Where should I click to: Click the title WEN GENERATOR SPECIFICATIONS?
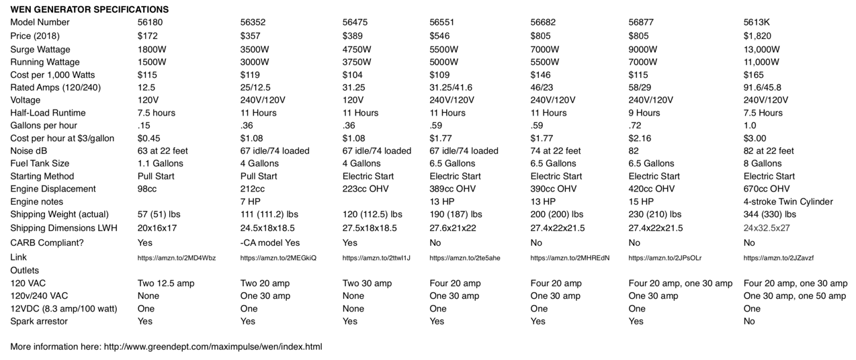click(x=89, y=9)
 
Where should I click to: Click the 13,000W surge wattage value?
click(x=762, y=49)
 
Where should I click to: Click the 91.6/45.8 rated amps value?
click(x=763, y=87)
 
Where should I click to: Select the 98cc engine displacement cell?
click(x=148, y=189)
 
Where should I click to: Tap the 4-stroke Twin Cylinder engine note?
click(x=788, y=201)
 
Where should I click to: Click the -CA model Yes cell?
click(x=270, y=242)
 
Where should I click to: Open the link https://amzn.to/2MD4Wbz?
click(x=177, y=258)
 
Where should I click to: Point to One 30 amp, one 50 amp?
click(x=795, y=296)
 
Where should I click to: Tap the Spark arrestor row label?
click(x=39, y=321)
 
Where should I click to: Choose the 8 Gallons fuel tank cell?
click(x=763, y=163)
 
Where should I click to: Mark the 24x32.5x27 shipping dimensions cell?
click(x=767, y=228)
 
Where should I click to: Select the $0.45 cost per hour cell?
click(x=148, y=138)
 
